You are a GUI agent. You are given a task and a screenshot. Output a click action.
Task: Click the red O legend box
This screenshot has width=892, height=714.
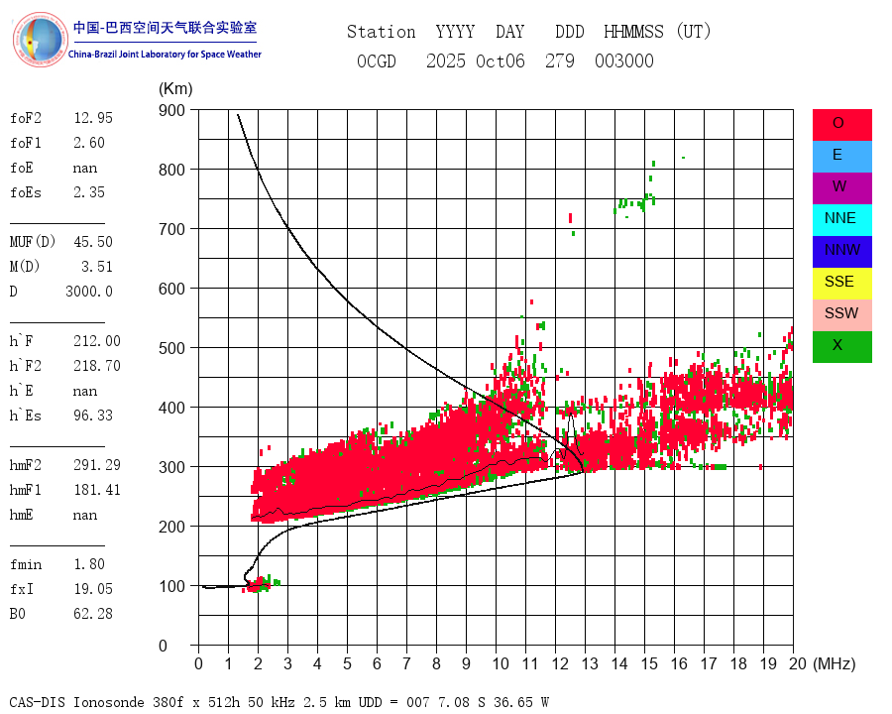coord(841,124)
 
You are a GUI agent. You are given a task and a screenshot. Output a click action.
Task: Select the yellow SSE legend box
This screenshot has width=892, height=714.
coord(841,283)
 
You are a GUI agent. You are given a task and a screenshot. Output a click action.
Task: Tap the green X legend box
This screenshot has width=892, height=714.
coord(841,346)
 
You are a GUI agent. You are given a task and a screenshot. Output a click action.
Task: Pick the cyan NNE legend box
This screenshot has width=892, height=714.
coord(841,219)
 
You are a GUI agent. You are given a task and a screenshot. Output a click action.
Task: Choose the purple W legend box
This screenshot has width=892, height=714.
coord(841,187)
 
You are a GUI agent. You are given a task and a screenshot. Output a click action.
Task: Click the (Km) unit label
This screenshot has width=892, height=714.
coord(175,89)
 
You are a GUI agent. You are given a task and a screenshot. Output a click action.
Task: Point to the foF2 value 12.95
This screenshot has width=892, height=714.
coord(93,118)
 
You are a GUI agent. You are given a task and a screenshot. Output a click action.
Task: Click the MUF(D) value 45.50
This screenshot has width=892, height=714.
coord(93,242)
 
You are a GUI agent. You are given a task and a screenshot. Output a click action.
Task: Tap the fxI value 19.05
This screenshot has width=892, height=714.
coord(93,589)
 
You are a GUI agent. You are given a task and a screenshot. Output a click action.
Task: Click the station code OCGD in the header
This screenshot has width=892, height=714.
coord(376,61)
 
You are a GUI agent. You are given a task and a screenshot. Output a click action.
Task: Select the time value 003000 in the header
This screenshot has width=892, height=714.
coord(624,61)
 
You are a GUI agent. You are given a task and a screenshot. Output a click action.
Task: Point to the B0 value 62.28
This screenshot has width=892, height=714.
coord(93,614)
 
